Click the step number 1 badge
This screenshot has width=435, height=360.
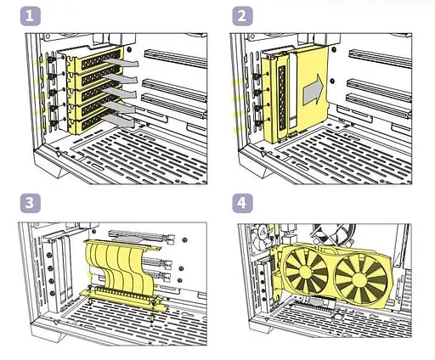pos(31,16)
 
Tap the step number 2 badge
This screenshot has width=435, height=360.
pos(242,16)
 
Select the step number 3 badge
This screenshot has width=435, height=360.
pos(31,203)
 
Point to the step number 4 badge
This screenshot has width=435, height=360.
pos(242,203)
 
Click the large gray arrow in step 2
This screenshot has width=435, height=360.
pos(314,90)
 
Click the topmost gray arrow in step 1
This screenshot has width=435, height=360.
pos(121,63)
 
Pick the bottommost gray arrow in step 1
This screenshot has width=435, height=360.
pos(119,121)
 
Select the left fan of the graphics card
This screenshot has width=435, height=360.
pos(306,270)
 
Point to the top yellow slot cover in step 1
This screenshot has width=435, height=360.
pos(95,60)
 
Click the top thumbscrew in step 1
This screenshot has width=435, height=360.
pos(51,59)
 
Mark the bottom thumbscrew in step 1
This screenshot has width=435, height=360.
pos(53,123)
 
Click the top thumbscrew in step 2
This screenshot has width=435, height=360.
pos(257,76)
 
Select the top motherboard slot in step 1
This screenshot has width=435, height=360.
pos(176,59)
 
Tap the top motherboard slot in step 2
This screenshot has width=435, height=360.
pos(380,59)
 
